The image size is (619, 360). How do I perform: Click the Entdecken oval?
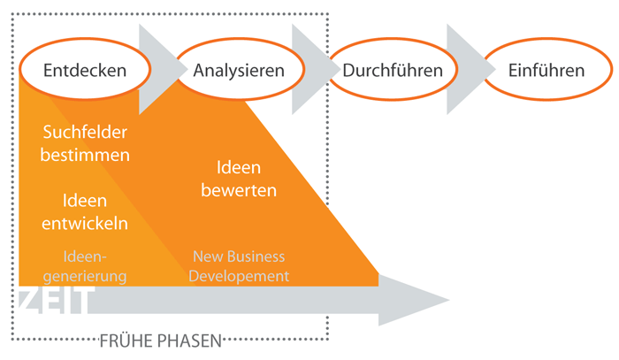85,69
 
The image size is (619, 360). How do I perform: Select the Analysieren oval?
239,69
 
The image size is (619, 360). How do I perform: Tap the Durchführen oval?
392,69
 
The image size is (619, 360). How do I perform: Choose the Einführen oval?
546,69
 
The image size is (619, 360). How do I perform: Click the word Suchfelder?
85,133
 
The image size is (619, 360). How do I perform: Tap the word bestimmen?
85,155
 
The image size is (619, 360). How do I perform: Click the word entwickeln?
85,223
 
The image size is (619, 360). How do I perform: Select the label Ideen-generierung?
85,266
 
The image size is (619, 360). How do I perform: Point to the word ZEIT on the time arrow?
52,303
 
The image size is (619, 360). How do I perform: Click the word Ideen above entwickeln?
85,201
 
